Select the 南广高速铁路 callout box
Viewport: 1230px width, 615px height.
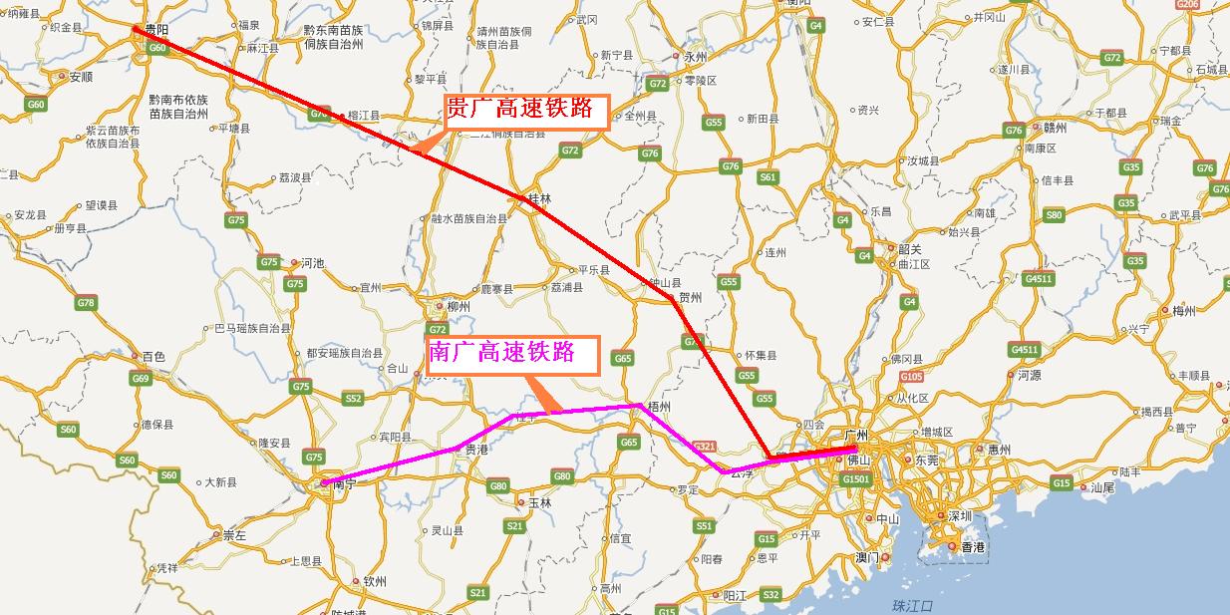coord(512,354)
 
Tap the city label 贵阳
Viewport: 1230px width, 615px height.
coord(155,31)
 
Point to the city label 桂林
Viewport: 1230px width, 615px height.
coord(538,198)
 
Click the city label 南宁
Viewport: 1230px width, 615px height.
coord(344,483)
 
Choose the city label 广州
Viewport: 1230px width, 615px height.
coord(856,436)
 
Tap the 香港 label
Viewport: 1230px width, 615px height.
coord(971,547)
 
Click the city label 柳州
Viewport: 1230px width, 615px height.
coord(459,307)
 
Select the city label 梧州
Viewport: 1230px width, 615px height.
coord(659,408)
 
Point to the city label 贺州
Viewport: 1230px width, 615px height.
coord(690,298)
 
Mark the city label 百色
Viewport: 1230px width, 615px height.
coord(154,356)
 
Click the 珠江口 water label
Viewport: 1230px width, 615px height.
coord(911,605)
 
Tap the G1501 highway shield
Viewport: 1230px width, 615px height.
coord(856,479)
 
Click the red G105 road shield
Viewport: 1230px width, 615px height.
coord(911,377)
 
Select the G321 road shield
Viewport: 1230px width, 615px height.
coord(705,446)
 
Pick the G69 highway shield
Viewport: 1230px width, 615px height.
coord(141,379)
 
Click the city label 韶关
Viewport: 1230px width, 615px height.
coord(909,249)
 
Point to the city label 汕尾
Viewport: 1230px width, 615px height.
coord(1101,487)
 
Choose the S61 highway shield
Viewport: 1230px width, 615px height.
coord(767,177)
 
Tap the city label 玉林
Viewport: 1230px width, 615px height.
coord(539,502)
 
